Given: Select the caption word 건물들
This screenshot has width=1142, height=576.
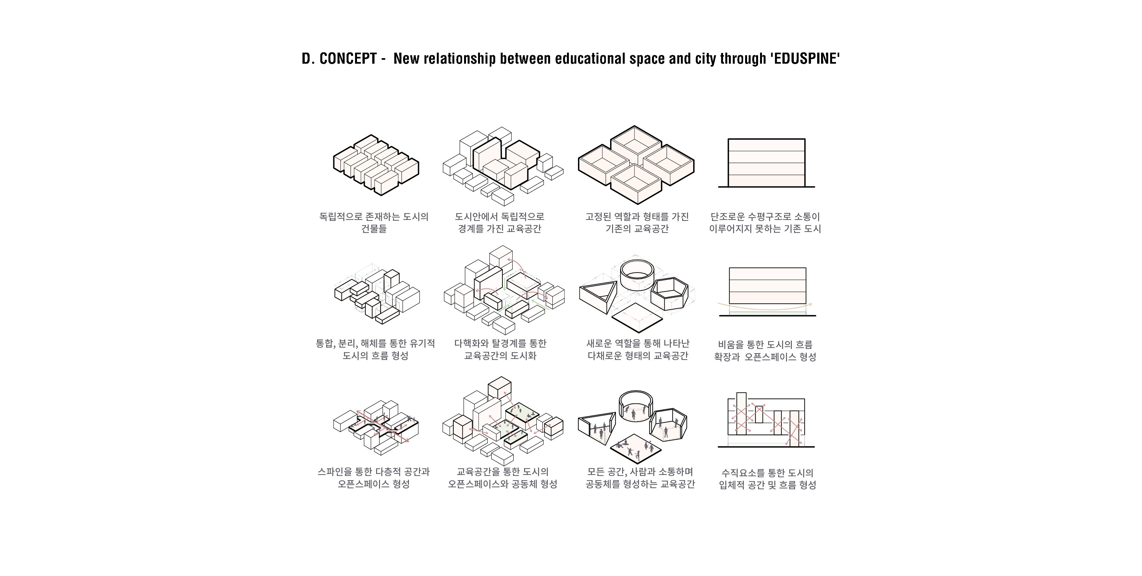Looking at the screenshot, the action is tap(374, 229).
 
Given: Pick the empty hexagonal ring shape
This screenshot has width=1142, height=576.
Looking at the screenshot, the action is tap(669, 295).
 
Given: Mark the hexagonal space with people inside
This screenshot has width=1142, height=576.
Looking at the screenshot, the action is tap(668, 425).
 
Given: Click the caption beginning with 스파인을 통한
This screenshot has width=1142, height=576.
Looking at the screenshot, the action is tap(374, 478).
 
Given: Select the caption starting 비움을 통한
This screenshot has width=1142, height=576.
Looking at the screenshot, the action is tap(765, 351).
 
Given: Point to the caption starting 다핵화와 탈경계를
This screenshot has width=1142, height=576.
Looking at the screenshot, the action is tap(500, 349).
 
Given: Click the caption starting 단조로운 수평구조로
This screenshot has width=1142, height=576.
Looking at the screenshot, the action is tap(765, 223).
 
